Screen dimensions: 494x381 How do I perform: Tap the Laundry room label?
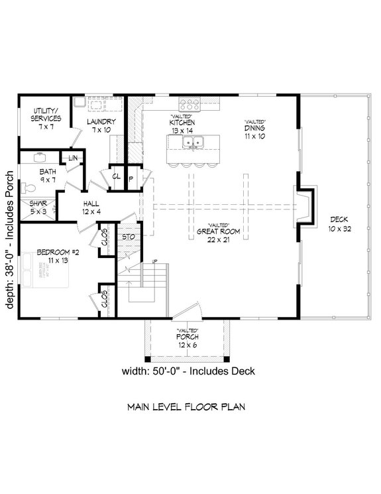pyautogui.click(x=101, y=125)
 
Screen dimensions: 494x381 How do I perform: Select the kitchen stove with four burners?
pyautogui.click(x=190, y=105)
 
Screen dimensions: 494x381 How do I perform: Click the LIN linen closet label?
pyautogui.click(x=72, y=158)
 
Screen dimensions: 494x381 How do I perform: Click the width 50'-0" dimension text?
pyautogui.click(x=189, y=371)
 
